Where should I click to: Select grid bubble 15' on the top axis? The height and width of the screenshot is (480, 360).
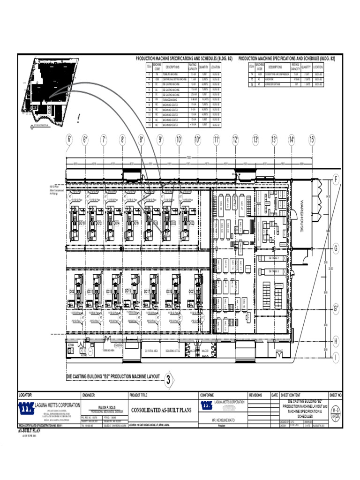click(312, 140)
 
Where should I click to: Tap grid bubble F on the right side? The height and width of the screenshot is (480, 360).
click(336, 180)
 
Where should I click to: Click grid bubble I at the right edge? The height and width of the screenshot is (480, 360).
click(336, 358)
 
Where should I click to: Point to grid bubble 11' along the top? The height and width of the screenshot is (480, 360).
click(217, 140)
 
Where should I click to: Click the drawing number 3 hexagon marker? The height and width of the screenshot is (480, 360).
click(168, 380)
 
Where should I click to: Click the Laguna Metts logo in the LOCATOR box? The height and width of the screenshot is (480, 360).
click(27, 407)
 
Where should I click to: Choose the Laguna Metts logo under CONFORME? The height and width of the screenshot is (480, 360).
click(206, 406)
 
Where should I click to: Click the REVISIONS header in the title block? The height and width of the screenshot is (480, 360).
click(258, 395)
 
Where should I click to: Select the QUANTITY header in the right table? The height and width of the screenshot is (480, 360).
click(306, 67)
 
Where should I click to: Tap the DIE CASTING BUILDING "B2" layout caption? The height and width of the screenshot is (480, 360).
click(112, 376)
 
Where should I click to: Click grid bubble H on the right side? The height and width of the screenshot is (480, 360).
click(336, 341)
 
